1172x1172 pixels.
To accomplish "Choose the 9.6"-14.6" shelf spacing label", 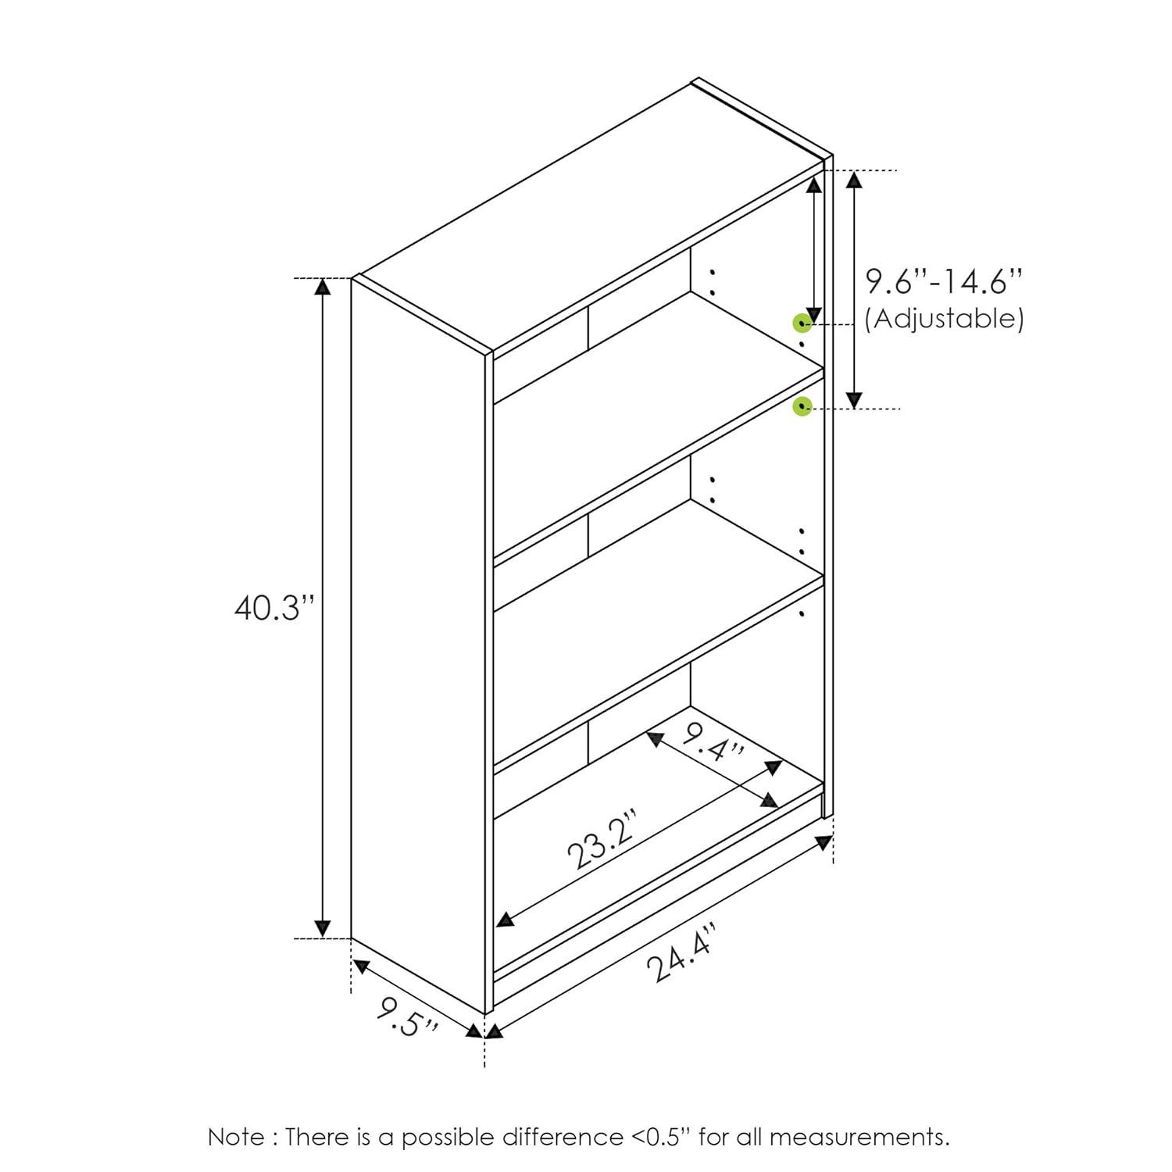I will [x=943, y=281].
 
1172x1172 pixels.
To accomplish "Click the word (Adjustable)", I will [x=944, y=319].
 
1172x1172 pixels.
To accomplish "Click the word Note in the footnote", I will [x=236, y=1137].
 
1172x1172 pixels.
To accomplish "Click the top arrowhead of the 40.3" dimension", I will [x=322, y=286].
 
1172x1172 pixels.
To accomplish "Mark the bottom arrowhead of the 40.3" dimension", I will [x=322, y=929].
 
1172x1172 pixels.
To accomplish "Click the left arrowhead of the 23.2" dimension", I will [x=506, y=920].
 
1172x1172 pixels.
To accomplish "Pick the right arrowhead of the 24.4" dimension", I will [x=824, y=843].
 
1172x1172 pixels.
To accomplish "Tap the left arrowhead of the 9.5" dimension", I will [x=360, y=967].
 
